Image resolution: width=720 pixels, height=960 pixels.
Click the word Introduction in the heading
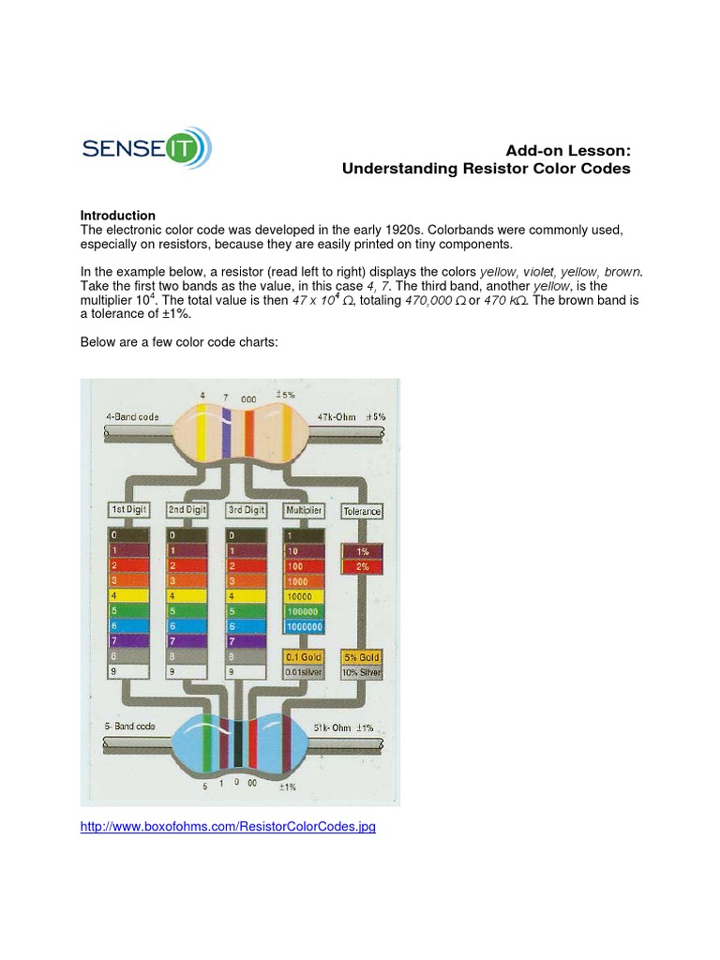click(118, 216)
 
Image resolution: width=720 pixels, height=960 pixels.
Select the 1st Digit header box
click(130, 510)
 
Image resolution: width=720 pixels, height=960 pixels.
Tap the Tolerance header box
click(362, 511)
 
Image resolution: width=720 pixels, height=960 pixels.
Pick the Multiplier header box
click(303, 510)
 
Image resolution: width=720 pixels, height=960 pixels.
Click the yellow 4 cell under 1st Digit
click(130, 595)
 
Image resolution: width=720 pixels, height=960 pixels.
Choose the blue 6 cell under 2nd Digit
click(188, 625)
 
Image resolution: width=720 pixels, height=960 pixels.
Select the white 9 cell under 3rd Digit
click(247, 671)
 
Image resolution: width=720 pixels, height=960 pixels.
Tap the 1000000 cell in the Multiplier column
click(304, 625)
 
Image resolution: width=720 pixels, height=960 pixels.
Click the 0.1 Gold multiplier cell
click(304, 657)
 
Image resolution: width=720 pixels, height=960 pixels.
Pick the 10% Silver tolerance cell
click(362, 671)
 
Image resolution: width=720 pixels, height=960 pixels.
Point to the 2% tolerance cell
click(362, 566)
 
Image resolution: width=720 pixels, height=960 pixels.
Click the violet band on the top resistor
click(226, 431)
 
